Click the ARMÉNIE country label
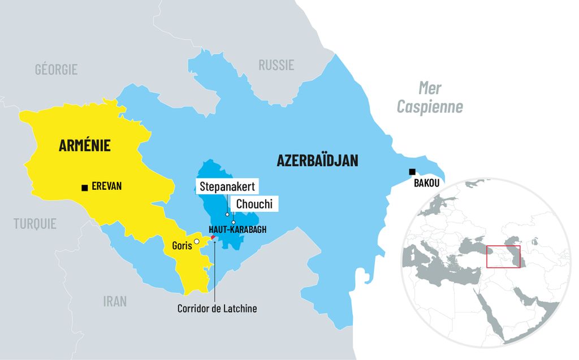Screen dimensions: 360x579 pyautogui.click(x=85, y=146)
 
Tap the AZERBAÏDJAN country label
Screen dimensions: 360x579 pyautogui.click(x=317, y=161)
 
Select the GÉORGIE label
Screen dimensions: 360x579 pyautogui.click(x=56, y=70)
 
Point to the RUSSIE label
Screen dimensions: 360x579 pyautogui.click(x=276, y=65)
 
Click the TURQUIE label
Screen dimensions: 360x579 pyautogui.click(x=35, y=224)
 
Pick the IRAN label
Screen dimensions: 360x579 pyautogui.click(x=115, y=301)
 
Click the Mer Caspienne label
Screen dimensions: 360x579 pyautogui.click(x=430, y=97)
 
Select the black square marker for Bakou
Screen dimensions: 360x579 pyautogui.click(x=412, y=172)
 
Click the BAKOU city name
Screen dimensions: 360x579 pyautogui.click(x=426, y=184)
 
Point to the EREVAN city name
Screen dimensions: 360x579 pyautogui.click(x=107, y=186)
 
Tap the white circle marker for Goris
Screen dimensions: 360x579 pyautogui.click(x=196, y=242)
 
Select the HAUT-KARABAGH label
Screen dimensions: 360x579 pyautogui.click(x=237, y=230)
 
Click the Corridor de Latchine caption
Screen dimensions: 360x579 pyautogui.click(x=217, y=309)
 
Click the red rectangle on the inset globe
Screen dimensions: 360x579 pyautogui.click(x=503, y=256)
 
